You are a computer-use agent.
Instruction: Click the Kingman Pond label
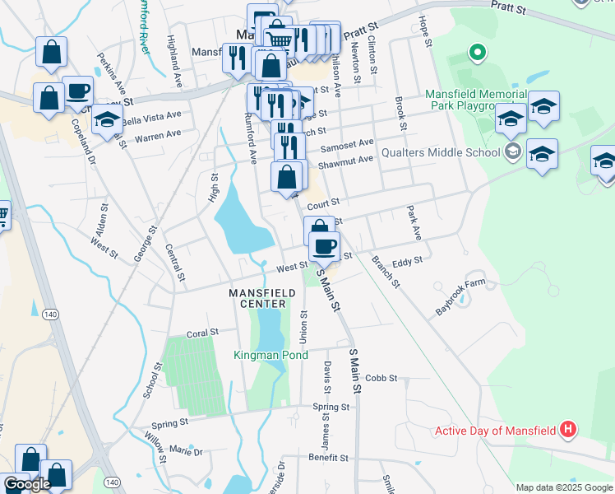coord(271,355)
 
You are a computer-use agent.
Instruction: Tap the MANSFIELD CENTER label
coord(257,298)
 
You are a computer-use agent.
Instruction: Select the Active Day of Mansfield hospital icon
coord(567,429)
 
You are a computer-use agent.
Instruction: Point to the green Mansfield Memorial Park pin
coord(476,54)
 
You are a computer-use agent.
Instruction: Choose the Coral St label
coord(202,333)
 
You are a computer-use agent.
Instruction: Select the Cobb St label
coord(381,378)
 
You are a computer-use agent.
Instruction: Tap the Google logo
coord(27,484)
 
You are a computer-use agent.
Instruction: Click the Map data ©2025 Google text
coord(564,487)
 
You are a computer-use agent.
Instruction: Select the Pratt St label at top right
coord(508,7)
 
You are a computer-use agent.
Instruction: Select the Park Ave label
coord(414,224)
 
